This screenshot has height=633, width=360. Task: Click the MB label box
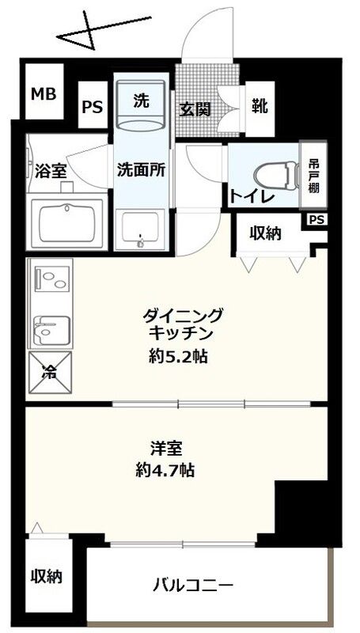tap(44, 94)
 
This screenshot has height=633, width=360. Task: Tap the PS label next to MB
tap(93, 107)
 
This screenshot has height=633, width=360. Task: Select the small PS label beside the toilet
tap(316, 219)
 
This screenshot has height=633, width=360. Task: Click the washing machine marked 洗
tap(141, 102)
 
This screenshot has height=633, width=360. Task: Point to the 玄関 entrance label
tap(193, 109)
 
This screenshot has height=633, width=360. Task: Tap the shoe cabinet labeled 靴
tap(259, 106)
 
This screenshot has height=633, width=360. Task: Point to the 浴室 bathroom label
tap(51, 169)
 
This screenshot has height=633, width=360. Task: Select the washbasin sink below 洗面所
tap(142, 229)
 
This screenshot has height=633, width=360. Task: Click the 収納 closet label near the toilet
tap(265, 233)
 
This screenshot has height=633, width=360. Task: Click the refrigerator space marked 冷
tap(49, 372)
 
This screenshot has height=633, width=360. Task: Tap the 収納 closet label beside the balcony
tap(47, 575)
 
